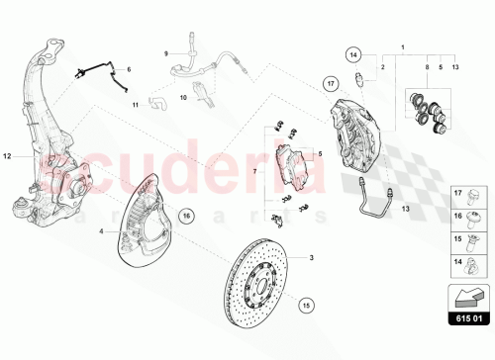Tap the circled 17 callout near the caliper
(332, 85)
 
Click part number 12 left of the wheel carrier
(9, 156)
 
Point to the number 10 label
(182, 99)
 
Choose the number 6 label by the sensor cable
(128, 69)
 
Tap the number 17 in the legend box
(456, 219)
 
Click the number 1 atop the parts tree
(402, 46)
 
